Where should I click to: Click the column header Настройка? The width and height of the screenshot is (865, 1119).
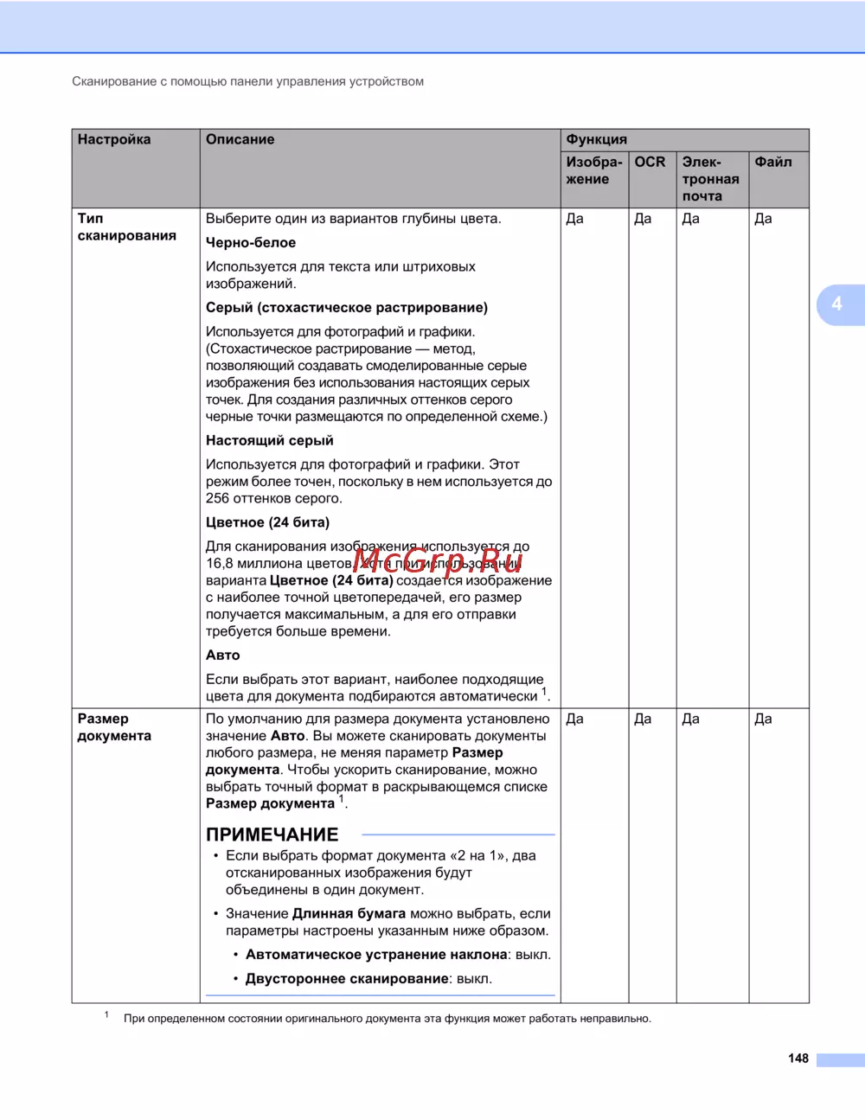click(114, 140)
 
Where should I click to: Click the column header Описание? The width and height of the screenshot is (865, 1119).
click(240, 140)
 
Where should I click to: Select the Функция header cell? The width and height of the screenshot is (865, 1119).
click(596, 140)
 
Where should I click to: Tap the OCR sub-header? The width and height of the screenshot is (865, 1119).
click(650, 163)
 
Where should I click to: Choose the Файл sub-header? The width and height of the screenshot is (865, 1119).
click(772, 163)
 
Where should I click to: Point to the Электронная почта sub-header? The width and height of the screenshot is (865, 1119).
click(710, 179)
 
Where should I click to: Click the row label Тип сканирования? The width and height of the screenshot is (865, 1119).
click(126, 227)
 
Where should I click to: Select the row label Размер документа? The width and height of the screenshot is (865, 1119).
click(114, 727)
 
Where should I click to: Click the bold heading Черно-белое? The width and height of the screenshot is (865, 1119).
click(251, 243)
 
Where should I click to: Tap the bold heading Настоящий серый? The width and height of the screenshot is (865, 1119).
click(269, 441)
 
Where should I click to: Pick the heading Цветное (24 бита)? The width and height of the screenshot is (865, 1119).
click(267, 522)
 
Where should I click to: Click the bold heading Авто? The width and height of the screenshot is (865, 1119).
click(223, 655)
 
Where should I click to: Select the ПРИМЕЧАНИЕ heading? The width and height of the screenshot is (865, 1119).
click(272, 834)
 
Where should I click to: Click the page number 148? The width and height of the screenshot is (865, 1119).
click(798, 1058)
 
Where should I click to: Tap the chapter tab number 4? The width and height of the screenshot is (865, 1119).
click(836, 304)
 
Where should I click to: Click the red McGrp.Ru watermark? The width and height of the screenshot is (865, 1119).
click(438, 562)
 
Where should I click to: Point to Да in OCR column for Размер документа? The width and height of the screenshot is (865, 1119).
click(643, 719)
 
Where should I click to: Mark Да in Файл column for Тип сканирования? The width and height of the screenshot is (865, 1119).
click(763, 220)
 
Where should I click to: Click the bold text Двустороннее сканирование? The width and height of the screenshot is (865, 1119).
click(347, 979)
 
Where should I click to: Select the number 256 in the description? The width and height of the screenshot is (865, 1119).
click(217, 499)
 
